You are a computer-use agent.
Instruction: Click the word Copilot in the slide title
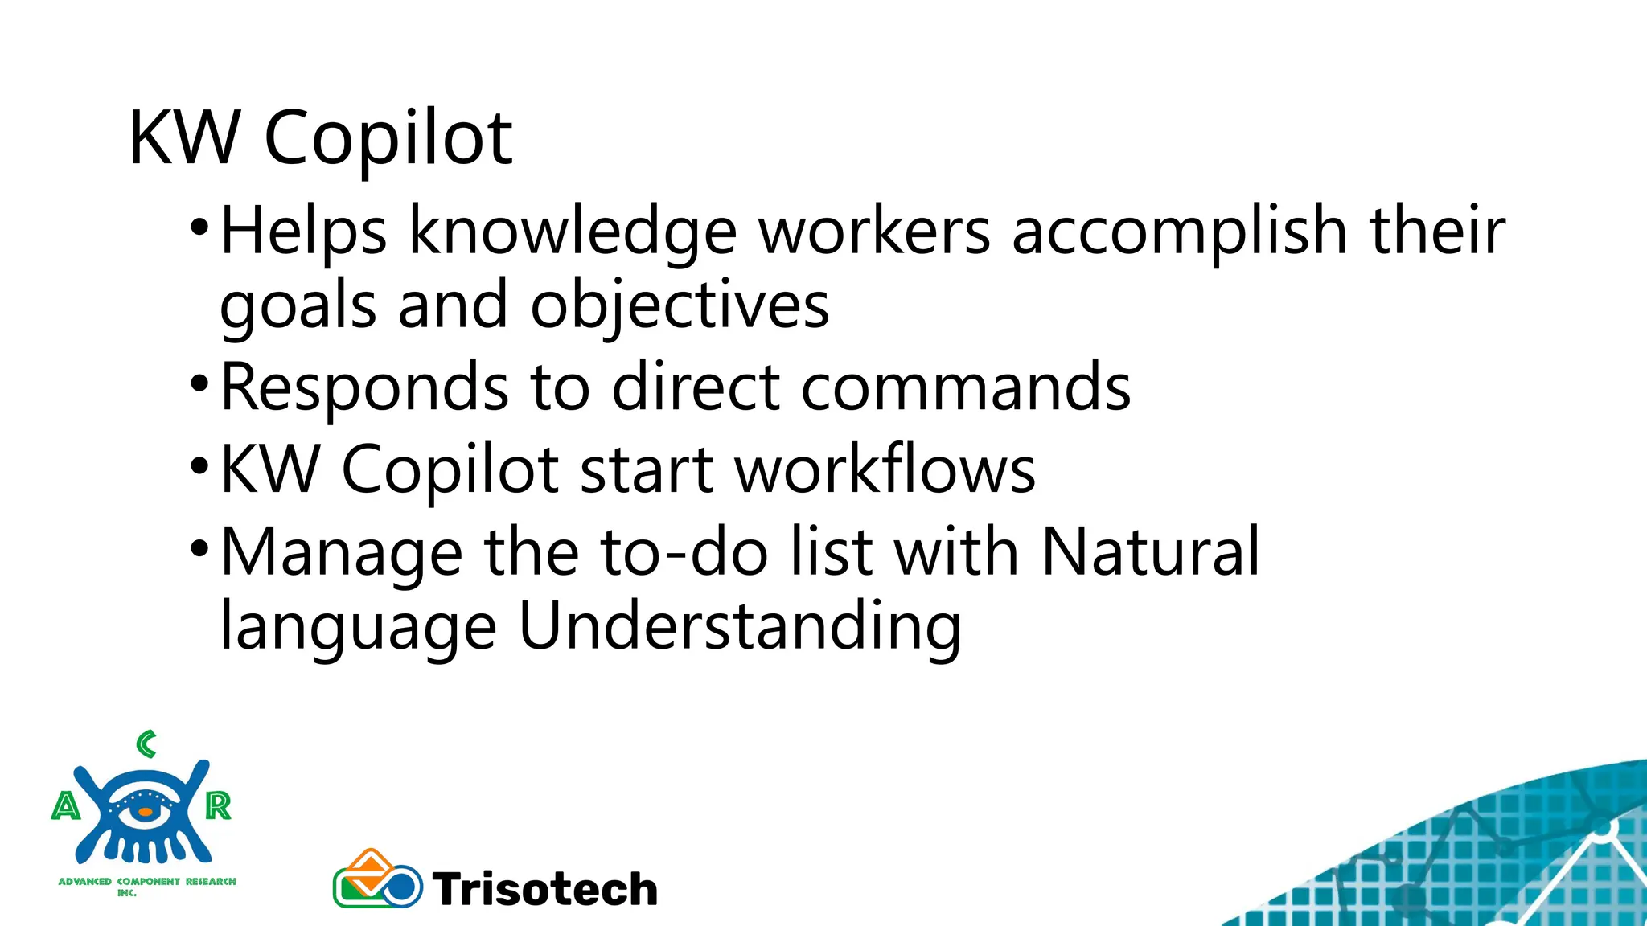[x=388, y=139]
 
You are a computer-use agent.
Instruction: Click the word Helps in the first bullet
[x=303, y=231]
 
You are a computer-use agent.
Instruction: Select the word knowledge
[x=573, y=231]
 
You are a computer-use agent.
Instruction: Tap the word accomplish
[x=1179, y=231]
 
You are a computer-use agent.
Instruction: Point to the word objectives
[x=680, y=306]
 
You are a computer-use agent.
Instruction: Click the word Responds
[x=364, y=387]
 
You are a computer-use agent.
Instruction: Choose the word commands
[x=966, y=387]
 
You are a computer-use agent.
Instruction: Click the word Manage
[x=342, y=552]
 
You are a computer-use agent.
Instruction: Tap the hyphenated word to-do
[x=684, y=552]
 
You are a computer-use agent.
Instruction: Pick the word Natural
[x=1150, y=552]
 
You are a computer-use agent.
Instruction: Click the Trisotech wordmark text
[x=545, y=889]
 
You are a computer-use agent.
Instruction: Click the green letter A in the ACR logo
[x=66, y=805]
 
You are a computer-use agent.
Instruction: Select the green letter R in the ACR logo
[x=218, y=805]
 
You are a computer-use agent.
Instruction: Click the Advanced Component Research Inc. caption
[x=147, y=885]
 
